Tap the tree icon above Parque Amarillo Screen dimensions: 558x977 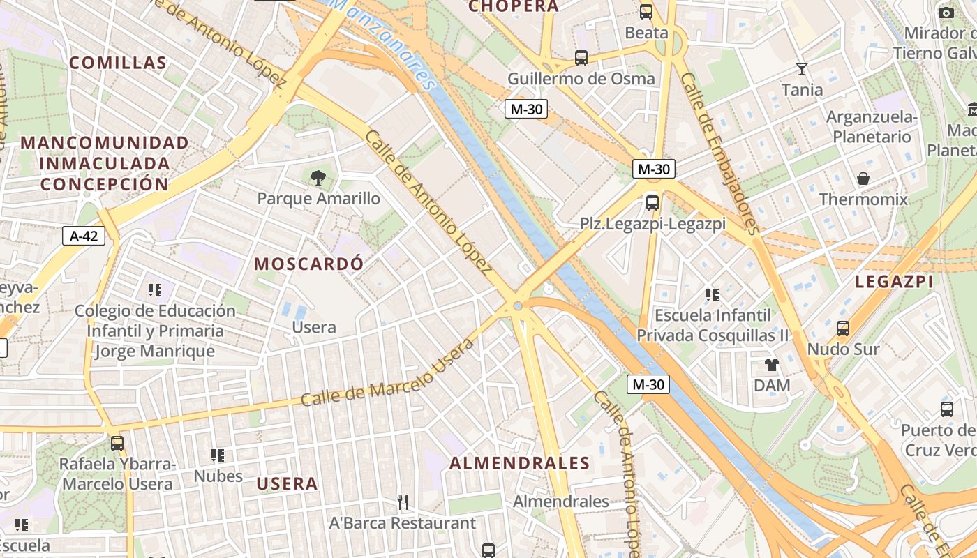pos(318,178)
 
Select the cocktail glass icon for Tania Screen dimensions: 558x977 pos(802,68)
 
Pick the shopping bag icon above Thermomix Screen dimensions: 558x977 pos(863,179)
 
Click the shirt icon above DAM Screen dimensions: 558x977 pos(771,364)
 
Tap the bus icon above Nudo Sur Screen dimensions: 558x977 pos(843,328)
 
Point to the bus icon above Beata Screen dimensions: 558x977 pos(646,11)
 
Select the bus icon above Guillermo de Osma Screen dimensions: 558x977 pos(581,57)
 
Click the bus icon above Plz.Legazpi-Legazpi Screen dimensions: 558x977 pos(652,203)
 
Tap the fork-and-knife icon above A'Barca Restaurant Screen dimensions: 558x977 pos(403,502)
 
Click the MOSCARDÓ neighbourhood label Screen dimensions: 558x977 pos(308,264)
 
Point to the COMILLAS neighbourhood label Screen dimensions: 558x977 pos(118,63)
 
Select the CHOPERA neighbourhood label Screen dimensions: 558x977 pos(514,6)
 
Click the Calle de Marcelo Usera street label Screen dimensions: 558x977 pos(387,375)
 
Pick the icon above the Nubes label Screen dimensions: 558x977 pos(218,455)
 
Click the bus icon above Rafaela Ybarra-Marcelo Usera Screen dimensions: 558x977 pos(117,443)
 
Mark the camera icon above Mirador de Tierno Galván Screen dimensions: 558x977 pos(946,13)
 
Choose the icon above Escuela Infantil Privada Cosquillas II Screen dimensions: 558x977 pos(712,294)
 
